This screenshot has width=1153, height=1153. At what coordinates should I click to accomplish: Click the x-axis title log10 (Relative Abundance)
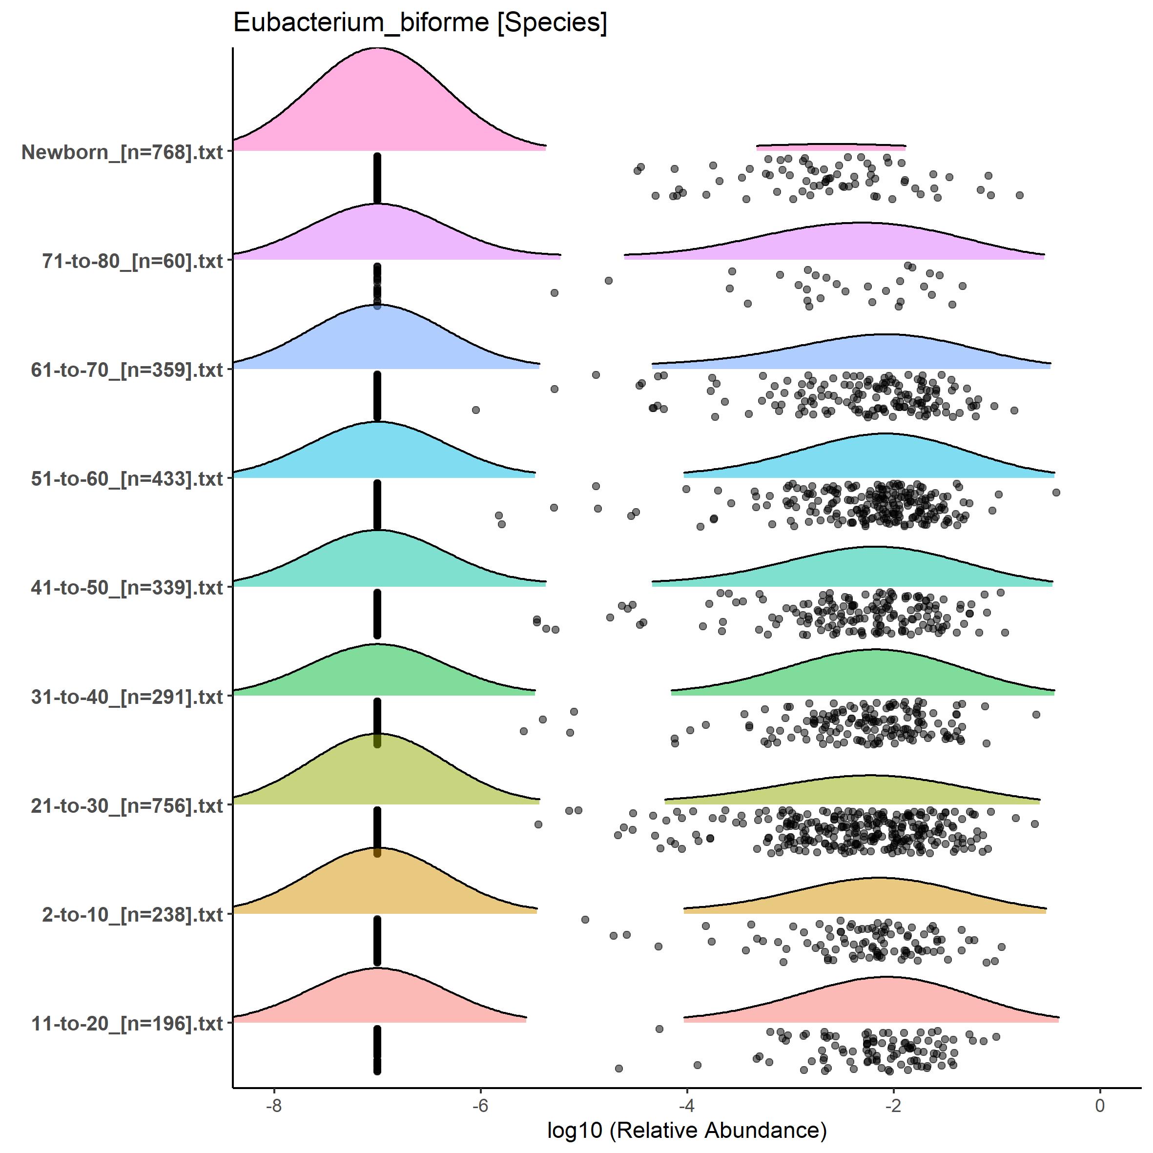point(686,1130)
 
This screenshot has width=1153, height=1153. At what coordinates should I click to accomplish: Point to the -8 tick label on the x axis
point(273,1105)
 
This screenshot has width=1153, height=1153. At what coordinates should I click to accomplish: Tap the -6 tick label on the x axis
point(480,1105)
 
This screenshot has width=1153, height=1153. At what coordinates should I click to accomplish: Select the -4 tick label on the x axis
point(686,1105)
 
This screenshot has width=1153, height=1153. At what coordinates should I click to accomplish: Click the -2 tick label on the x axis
point(893,1105)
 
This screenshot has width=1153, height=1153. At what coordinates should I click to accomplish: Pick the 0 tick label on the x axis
point(1100,1105)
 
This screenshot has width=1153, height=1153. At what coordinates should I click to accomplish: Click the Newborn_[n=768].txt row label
point(123,152)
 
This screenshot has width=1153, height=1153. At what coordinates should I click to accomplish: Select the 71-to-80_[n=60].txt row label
point(132,261)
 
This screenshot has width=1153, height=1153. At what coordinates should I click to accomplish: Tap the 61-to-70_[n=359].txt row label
point(127,370)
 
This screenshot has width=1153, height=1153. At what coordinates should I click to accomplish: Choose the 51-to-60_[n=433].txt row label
point(127,478)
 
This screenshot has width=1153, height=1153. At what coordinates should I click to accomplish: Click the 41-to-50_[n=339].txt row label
point(127,588)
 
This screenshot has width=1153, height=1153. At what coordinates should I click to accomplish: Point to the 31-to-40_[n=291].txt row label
point(127,697)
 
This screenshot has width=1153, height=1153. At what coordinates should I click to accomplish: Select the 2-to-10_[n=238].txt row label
point(132,915)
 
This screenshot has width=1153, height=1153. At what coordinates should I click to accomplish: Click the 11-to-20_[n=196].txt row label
point(127,1024)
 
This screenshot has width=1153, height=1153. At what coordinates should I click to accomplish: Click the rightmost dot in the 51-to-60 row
point(1056,493)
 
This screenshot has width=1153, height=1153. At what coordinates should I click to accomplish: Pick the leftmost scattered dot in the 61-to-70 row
point(475,410)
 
